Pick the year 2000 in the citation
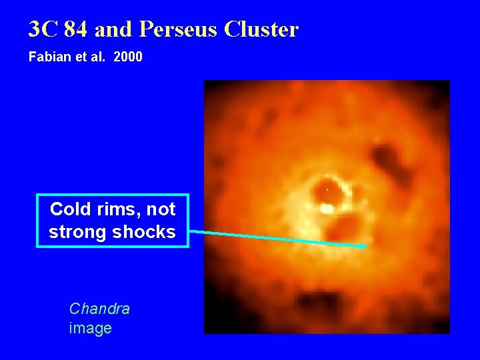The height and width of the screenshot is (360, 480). coord(128,57)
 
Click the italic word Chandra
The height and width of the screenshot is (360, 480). coord(99,309)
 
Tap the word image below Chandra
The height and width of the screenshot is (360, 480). coord(90,328)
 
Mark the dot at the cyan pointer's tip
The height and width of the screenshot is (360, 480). coord(363,247)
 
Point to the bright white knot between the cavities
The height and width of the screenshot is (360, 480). coord(327,209)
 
